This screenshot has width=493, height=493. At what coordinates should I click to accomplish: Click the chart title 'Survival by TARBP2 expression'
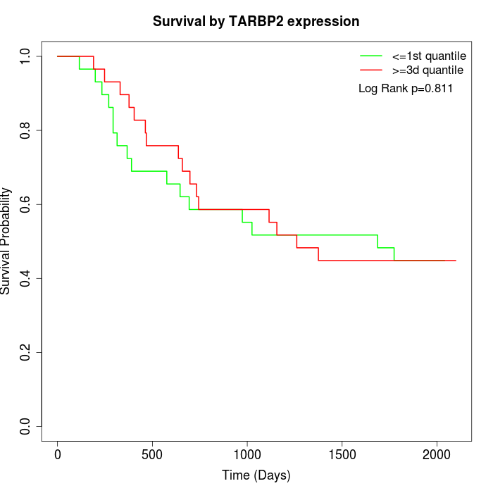[256, 22]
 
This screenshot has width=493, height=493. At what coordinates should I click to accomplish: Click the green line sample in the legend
[370, 56]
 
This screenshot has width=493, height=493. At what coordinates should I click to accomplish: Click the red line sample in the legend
[370, 70]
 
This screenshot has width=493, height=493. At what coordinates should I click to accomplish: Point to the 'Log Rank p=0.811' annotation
[406, 89]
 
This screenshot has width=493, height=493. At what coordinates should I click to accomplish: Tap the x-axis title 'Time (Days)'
[256, 475]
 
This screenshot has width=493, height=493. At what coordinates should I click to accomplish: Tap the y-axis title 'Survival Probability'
[6, 241]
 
